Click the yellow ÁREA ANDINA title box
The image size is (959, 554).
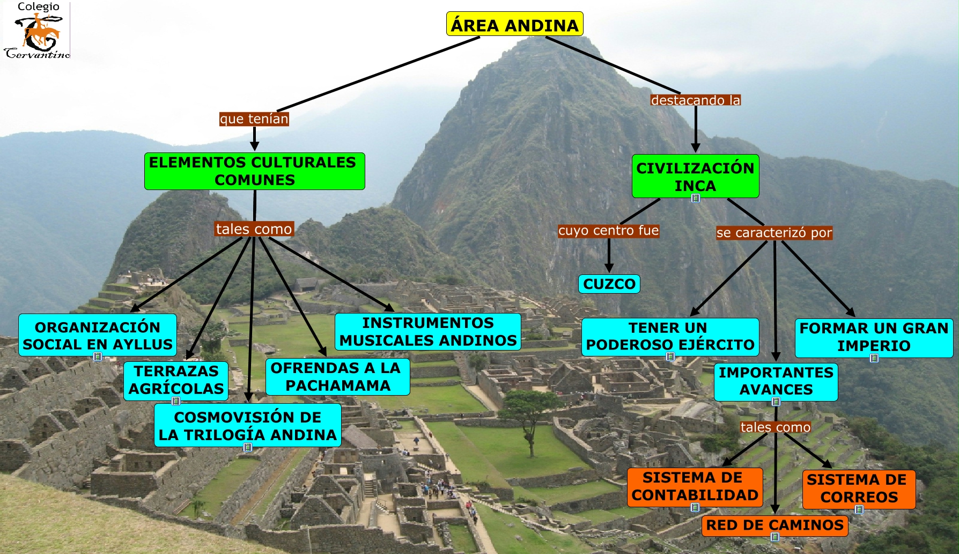tap(514, 24)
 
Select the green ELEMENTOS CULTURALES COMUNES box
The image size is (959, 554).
tap(254, 171)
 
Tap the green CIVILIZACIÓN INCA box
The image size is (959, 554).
tap(695, 176)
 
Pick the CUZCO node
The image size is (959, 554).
tap(609, 284)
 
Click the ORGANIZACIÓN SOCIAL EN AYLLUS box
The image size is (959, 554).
tap(98, 336)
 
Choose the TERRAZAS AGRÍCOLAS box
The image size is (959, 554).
tap(176, 380)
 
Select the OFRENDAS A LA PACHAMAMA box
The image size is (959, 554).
tap(337, 377)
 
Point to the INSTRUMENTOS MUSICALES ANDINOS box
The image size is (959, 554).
tap(427, 332)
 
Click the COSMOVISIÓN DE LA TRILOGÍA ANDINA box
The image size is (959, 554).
tap(247, 426)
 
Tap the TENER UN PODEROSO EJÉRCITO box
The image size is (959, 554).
tap(670, 337)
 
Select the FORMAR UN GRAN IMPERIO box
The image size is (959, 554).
tap(874, 337)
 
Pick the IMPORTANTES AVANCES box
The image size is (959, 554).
tap(776, 381)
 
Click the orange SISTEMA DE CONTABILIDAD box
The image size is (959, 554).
tap(695, 486)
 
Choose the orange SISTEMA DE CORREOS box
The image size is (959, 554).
tap(859, 489)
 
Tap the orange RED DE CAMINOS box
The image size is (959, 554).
tap(774, 525)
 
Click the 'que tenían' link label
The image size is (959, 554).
tap(254, 119)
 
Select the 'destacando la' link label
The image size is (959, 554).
tap(695, 100)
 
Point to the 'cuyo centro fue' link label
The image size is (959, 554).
tap(608, 231)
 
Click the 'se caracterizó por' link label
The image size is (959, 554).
tap(774, 233)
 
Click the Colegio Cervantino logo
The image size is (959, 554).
tap(36, 30)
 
